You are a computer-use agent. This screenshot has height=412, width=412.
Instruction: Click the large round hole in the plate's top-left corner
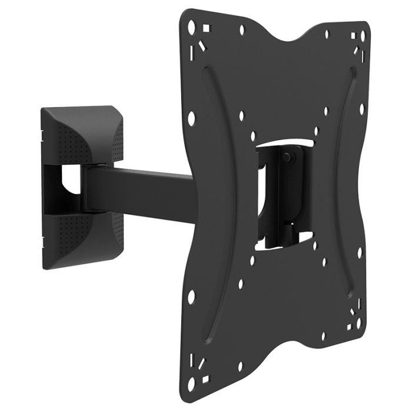click(x=191, y=25)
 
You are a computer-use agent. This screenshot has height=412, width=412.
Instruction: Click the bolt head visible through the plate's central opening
click(x=287, y=157)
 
